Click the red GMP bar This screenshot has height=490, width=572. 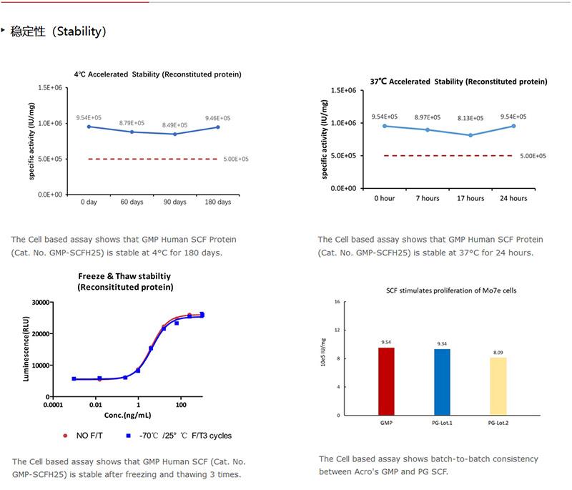[386, 381]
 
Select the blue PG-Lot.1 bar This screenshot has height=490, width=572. [442, 382]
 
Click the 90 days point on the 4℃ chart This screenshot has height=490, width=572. [174, 134]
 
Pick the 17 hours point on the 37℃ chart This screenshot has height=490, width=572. [470, 135]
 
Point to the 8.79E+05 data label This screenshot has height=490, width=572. [132, 123]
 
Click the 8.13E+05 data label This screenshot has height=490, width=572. [470, 119]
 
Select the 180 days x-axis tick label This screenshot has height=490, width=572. [218, 202]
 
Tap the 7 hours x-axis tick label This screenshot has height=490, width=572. [428, 198]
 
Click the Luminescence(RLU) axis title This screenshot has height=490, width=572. [26, 350]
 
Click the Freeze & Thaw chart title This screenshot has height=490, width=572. [126, 282]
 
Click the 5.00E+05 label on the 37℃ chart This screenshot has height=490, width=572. [533, 156]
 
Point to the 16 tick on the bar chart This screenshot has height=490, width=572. [336, 303]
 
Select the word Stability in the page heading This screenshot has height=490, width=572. [80, 31]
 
